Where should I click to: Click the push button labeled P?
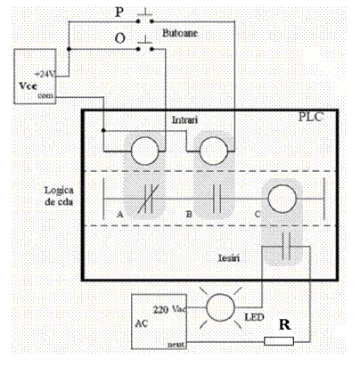145,18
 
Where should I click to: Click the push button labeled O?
145,45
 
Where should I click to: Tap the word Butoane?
180,33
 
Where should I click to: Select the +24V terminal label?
45,74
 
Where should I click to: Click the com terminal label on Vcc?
45,95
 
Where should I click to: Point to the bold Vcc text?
29,86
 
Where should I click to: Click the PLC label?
310,117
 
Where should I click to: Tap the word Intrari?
184,120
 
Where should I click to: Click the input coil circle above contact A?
144,151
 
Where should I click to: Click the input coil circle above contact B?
214,151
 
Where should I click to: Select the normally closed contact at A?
149,199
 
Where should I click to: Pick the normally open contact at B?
217,199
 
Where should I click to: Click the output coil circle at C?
282,199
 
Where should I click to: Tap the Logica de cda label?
59,196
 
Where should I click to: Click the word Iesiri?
229,257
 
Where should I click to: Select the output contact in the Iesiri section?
286,246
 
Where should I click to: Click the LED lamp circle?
220,307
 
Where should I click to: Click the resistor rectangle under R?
279,341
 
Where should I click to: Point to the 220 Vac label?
170,310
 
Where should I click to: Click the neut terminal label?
176,345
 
